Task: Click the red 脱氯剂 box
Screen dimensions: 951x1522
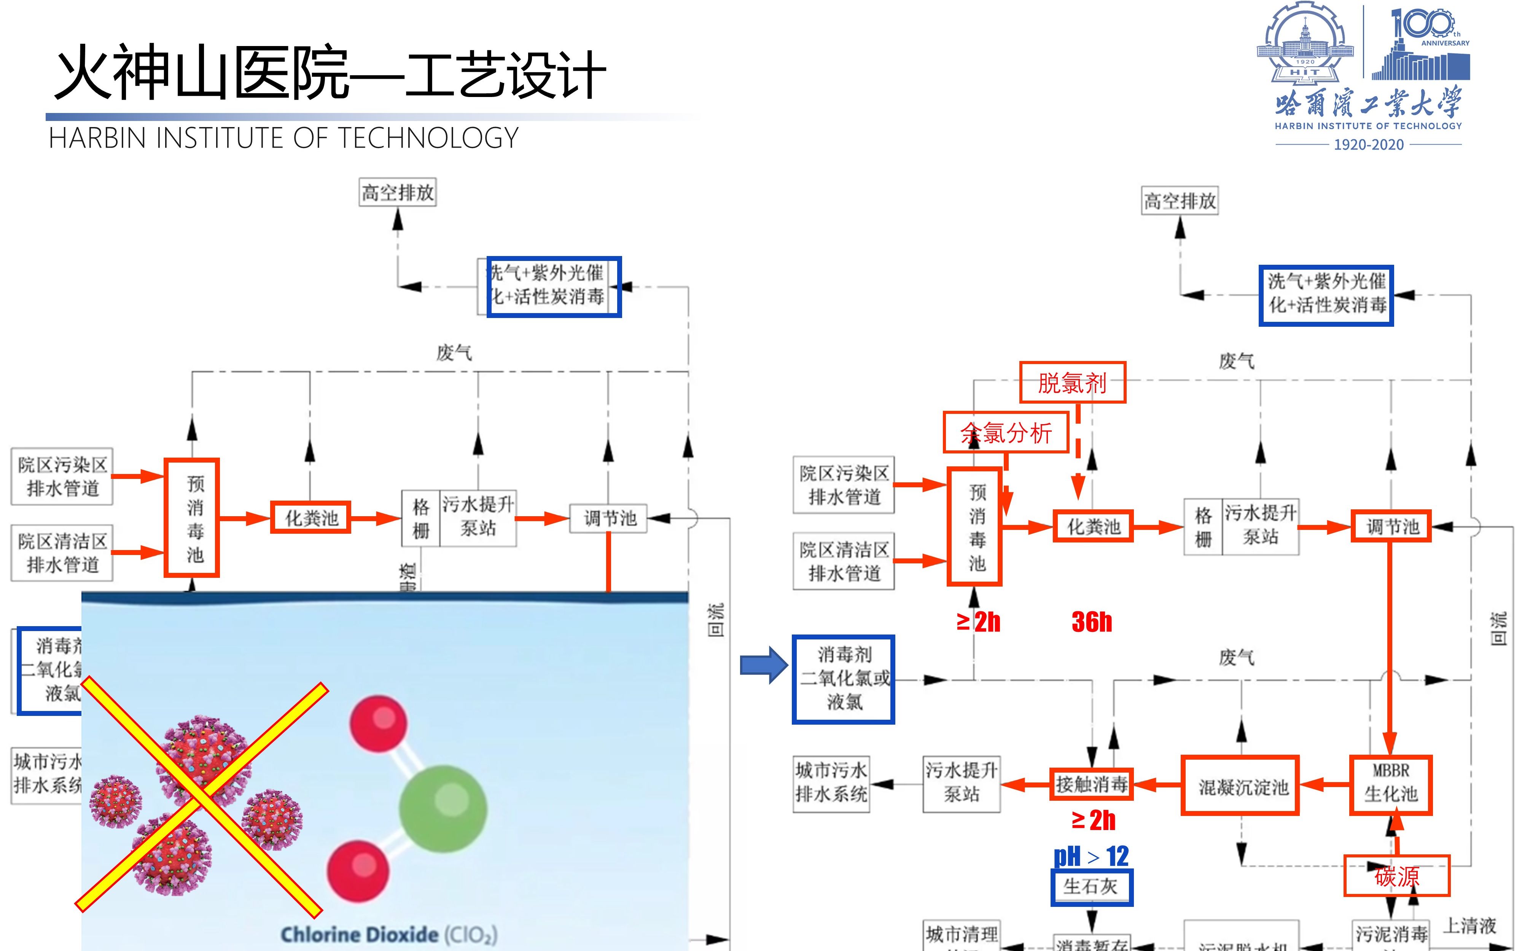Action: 1072,382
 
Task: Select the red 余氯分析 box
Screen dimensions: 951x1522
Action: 1006,433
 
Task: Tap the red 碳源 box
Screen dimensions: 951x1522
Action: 1396,876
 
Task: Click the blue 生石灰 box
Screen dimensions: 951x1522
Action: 1091,887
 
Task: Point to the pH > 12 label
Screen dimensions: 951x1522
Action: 1091,856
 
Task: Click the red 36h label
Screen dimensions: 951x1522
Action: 1092,622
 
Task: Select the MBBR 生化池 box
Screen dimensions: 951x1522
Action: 1391,785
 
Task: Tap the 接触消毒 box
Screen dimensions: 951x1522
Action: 1091,784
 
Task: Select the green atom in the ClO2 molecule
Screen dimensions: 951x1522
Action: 443,808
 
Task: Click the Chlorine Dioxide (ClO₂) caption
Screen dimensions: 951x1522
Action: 388,935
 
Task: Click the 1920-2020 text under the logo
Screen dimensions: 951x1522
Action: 1369,145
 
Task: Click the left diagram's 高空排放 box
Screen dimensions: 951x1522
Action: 398,192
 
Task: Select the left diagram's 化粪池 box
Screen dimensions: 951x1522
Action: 311,518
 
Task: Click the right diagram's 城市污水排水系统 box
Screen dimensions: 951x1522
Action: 831,784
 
